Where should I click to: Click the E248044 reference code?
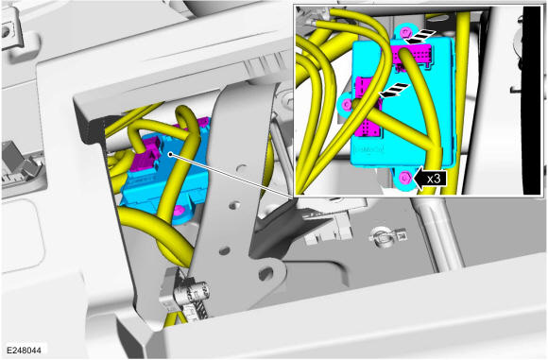click(24, 350)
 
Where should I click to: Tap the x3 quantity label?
click(434, 179)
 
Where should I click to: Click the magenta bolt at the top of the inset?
click(405, 33)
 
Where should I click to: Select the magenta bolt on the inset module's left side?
click(347, 104)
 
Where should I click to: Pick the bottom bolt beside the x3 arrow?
click(405, 178)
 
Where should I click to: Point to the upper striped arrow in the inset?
click(420, 37)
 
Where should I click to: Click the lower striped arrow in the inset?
click(394, 90)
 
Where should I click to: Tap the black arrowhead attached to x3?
click(419, 179)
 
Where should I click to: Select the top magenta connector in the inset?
click(412, 54)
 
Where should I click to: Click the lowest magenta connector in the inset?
click(367, 128)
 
